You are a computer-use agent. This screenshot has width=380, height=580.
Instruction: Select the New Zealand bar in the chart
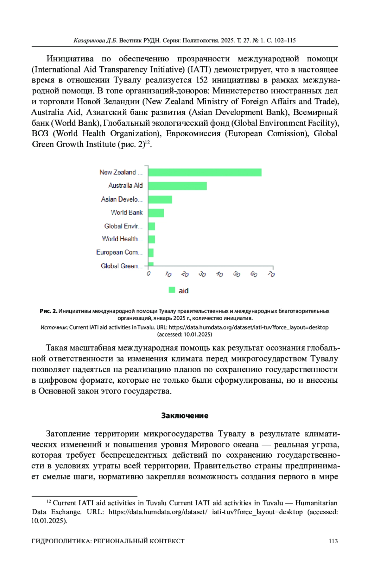pyautogui.click(x=205, y=172)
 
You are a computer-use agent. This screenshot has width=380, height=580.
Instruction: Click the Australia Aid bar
pyautogui.click(x=177, y=186)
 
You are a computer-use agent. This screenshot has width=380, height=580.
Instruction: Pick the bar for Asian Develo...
pyautogui.click(x=160, y=200)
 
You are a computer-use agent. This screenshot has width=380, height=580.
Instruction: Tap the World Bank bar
pyautogui.click(x=156, y=213)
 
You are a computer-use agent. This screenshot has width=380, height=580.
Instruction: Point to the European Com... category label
pyautogui.click(x=119, y=252)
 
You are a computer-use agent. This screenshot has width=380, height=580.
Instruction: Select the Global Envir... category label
pyautogui.click(x=123, y=226)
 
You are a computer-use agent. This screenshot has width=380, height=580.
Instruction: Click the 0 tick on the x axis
pyautogui.click(x=149, y=273)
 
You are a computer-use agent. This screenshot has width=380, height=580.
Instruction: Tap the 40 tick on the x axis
pyautogui.click(x=219, y=274)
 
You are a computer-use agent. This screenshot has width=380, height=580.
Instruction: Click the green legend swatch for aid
pyautogui.click(x=172, y=290)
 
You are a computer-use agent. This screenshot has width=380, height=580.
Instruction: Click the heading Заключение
pyautogui.click(x=185, y=416)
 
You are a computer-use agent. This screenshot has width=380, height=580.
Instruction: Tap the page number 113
pyautogui.click(x=333, y=541)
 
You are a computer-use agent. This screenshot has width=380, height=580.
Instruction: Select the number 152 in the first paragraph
pyautogui.click(x=202, y=80)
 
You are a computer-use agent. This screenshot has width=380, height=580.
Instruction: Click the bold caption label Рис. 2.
pyautogui.click(x=48, y=311)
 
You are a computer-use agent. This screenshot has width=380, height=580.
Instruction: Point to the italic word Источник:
pyautogui.click(x=54, y=328)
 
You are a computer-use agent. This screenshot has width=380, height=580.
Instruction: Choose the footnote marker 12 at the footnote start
pyautogui.click(x=49, y=501)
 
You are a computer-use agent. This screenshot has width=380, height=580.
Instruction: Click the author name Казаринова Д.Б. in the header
pyautogui.click(x=95, y=40)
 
